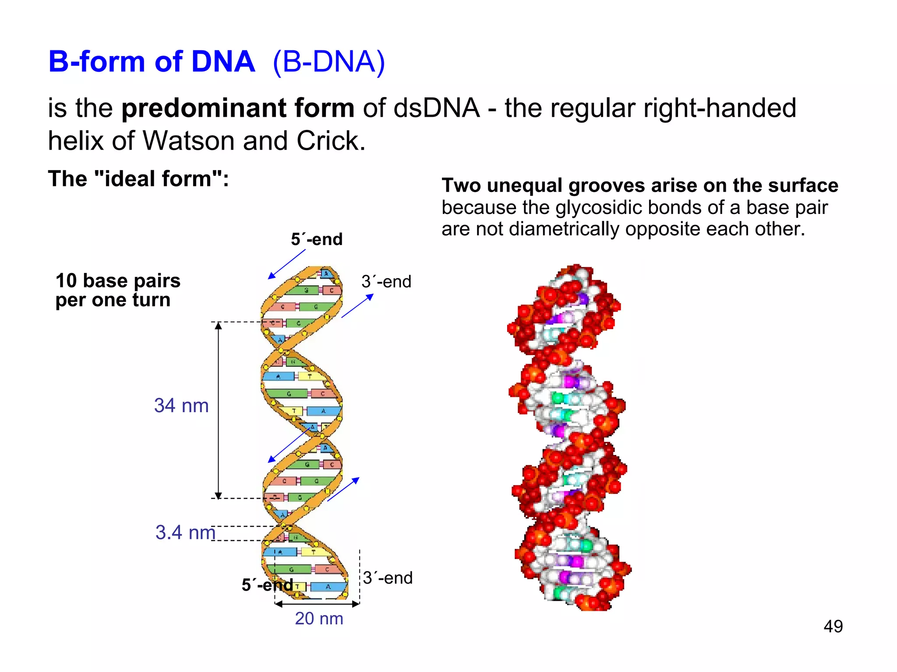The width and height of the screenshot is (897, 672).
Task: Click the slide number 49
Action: [x=833, y=626]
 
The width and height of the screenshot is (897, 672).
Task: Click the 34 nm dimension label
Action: [x=181, y=406]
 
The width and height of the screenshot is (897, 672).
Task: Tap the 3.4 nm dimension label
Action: [x=185, y=532]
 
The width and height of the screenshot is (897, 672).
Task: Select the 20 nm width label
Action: [x=319, y=619]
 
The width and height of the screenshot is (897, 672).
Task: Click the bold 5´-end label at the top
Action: [x=317, y=239]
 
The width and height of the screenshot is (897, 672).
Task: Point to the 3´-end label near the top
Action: [x=386, y=282]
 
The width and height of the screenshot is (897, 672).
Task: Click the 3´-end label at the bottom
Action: [x=388, y=578]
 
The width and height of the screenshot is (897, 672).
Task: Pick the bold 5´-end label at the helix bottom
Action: [x=267, y=585]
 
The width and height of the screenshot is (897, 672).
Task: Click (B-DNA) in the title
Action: [x=328, y=62]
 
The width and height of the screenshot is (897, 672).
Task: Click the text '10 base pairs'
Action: [x=118, y=280]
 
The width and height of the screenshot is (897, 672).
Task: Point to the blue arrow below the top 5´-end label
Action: [x=286, y=264]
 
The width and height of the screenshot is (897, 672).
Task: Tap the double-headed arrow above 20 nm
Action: [x=317, y=604]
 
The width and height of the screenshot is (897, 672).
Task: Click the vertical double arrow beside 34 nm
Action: [x=219, y=410]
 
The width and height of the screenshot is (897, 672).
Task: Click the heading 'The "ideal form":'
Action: [x=138, y=178]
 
